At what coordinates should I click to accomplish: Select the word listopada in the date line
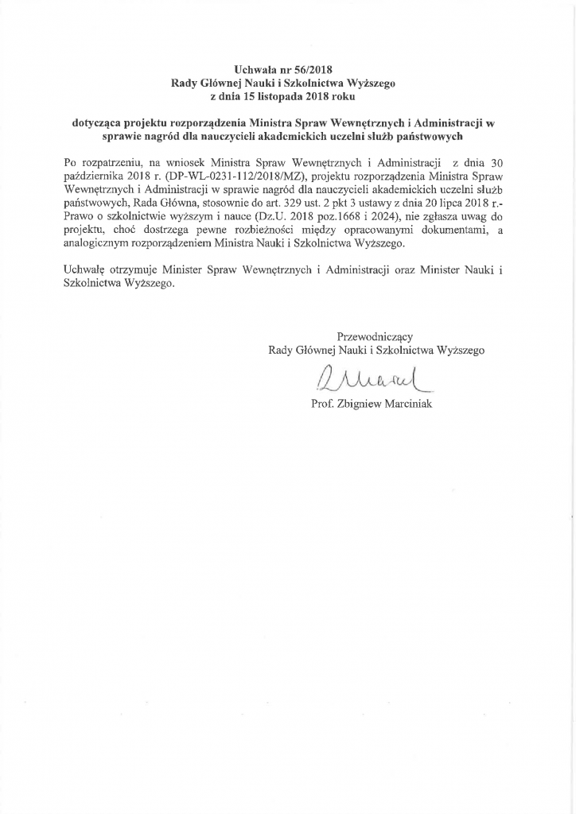pos(296,96)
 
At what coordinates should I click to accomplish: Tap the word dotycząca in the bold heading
pos(96,123)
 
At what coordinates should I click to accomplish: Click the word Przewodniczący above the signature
pos(375,336)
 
